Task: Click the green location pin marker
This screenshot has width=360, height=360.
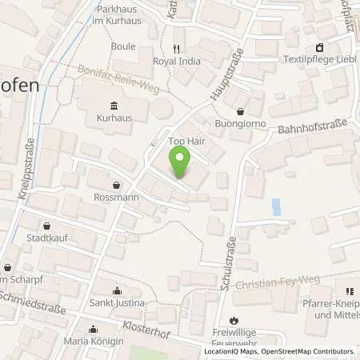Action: click(182, 166)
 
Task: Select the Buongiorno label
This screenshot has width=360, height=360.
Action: click(242, 126)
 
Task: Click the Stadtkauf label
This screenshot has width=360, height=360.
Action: click(46, 238)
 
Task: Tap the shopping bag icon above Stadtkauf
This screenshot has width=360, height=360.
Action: click(46, 225)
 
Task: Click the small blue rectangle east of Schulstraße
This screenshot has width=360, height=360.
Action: click(276, 207)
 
